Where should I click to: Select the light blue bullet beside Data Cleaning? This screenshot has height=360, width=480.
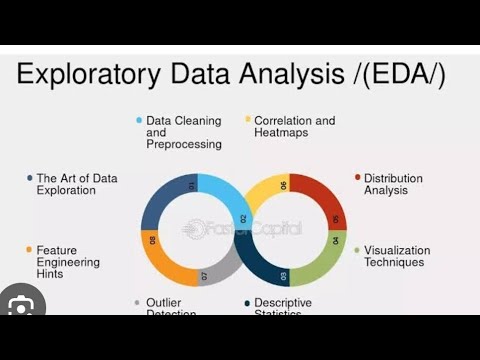tap(138, 120)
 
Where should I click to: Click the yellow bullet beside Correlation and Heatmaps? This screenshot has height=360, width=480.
tap(247, 120)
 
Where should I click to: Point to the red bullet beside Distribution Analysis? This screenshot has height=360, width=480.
tap(357, 178)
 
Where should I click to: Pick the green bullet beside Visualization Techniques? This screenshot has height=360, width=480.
tap(357, 250)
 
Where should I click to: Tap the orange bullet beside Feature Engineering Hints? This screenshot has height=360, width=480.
tap(29, 250)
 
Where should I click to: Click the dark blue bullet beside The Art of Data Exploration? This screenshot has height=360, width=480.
tap(29, 178)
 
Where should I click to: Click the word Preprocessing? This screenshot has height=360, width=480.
tap(183, 144)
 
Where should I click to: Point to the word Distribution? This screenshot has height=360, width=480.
tap(393, 178)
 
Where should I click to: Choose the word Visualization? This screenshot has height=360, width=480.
tap(397, 250)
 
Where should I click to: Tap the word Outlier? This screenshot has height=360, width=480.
tap(165, 302)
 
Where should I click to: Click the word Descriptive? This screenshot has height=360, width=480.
tap(283, 302)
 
